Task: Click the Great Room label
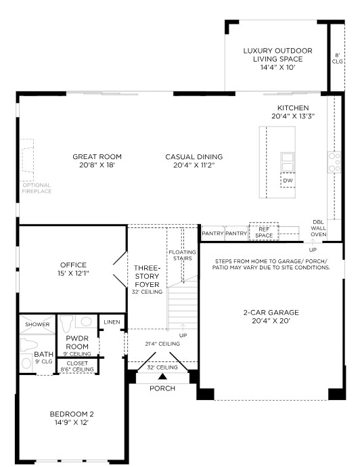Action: point(97,156)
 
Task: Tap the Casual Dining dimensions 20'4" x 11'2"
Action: point(194,165)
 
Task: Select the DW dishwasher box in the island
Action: point(288,180)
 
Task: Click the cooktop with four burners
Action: point(334,162)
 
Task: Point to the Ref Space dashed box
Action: point(264,231)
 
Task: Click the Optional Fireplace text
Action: point(37,188)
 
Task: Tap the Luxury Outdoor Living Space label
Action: point(278,55)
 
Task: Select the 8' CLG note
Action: point(338,58)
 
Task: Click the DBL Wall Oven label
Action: point(318,229)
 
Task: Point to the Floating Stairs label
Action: point(182,255)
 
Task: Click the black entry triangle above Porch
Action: point(162,376)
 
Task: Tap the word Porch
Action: point(162,388)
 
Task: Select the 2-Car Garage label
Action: point(271,313)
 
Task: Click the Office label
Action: point(73,265)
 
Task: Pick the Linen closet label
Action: point(112,322)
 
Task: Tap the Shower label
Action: point(37,324)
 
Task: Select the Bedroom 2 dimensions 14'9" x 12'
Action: point(72,422)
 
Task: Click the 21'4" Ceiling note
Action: point(162,344)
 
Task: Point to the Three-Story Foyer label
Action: point(147,276)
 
